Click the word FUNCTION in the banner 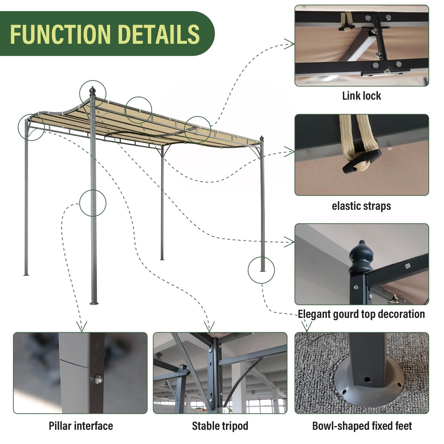click(60, 34)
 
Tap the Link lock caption click(361, 96)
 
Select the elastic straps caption click(361, 206)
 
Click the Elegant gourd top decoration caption click(361, 314)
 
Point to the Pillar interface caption click(81, 426)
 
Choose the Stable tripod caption click(220, 426)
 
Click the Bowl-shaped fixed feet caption click(362, 426)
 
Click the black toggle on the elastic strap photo click(362, 160)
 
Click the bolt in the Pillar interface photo click(98, 379)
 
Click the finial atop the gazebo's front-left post click(92, 91)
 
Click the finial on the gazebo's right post click(262, 139)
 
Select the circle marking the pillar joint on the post click(92, 203)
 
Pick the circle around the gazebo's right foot click(261, 270)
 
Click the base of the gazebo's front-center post click(94, 303)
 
